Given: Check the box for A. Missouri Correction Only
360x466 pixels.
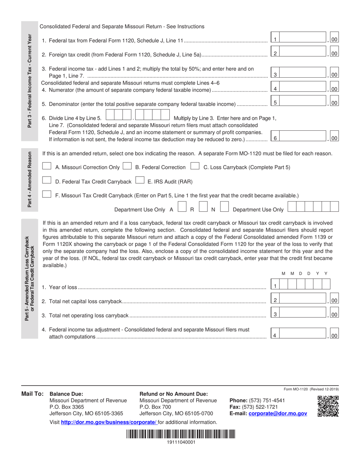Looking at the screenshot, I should tap(47, 166).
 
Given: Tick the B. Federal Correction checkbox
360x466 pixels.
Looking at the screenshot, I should tap(128, 166).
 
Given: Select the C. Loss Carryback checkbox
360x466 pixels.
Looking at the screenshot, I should tap(195, 166).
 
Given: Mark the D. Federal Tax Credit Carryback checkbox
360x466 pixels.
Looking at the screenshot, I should tap(47, 181).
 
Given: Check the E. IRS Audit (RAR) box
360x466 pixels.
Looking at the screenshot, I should tap(139, 181).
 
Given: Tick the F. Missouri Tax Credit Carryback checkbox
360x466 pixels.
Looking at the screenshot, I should tap(47, 195).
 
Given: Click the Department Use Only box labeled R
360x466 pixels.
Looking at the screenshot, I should tap(203, 207).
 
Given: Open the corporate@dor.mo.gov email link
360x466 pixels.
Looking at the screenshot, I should tap(277, 414).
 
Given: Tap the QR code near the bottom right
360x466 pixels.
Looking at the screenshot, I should tap(328, 406).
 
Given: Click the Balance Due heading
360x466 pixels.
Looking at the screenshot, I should tap(66, 394).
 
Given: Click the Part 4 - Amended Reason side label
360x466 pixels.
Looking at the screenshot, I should tap(30, 180).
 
